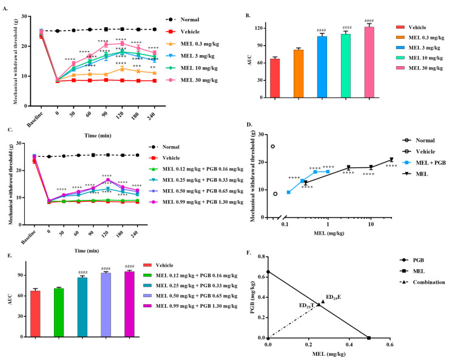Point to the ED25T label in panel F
(305, 306)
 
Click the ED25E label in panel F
(334, 296)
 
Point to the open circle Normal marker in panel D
(274, 146)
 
